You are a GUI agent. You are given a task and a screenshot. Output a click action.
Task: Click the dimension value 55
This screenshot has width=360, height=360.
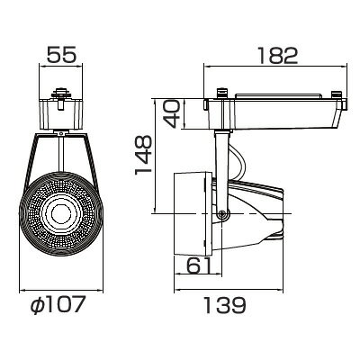62,55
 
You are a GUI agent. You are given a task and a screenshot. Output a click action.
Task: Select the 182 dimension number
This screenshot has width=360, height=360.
278,55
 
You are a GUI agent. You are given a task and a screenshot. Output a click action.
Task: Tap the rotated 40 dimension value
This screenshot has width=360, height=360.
172,114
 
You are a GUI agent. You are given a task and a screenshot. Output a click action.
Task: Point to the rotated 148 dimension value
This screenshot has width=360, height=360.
143,155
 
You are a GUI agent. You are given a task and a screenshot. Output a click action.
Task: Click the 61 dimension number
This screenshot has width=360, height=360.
198,265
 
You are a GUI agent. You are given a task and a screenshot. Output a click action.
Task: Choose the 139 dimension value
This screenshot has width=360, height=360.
225,305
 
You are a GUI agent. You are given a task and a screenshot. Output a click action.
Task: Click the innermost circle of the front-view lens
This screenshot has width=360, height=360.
61,213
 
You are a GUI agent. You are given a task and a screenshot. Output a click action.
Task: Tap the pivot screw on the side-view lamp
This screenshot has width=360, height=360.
222,214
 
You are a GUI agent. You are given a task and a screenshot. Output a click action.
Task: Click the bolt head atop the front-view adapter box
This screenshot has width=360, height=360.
61,93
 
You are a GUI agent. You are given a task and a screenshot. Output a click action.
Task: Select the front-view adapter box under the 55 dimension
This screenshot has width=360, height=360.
61,114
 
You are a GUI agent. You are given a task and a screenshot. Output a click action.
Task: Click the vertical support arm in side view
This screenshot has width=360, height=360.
221,171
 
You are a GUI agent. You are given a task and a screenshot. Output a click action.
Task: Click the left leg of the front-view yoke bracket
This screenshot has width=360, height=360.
31,162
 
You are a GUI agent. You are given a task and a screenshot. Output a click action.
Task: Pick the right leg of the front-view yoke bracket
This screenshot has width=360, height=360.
91,162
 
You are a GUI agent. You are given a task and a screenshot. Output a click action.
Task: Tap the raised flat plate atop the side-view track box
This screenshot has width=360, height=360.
278,96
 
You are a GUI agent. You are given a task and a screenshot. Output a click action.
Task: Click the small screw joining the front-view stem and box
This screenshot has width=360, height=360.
61,133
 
